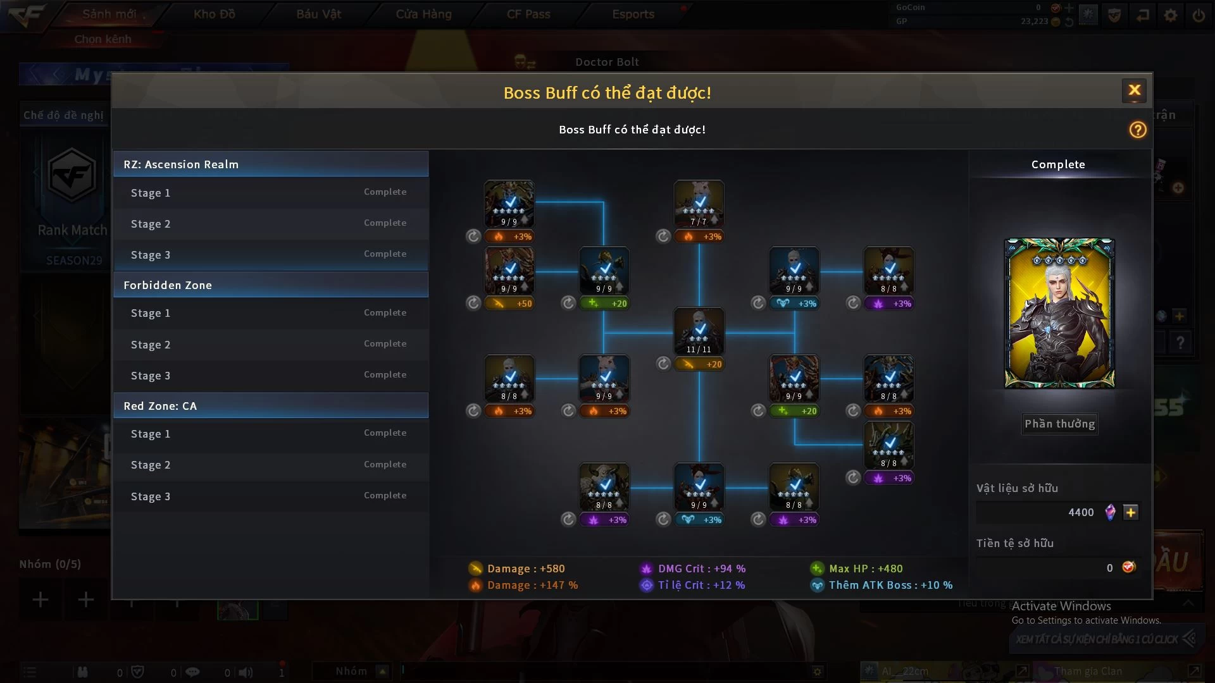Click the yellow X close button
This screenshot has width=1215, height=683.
1134,90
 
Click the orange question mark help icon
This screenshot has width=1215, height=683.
1137,130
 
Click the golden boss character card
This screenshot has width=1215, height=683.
1059,313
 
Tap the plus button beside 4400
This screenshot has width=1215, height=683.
1131,512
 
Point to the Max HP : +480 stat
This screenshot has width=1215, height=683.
865,569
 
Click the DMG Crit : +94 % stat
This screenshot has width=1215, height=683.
701,569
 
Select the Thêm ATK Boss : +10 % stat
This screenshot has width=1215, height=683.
890,585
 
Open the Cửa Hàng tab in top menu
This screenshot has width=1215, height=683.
423,14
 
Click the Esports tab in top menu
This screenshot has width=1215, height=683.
633,14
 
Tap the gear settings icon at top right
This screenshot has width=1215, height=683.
1171,15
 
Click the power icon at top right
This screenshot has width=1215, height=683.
1198,15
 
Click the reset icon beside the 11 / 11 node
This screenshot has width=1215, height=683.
663,364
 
